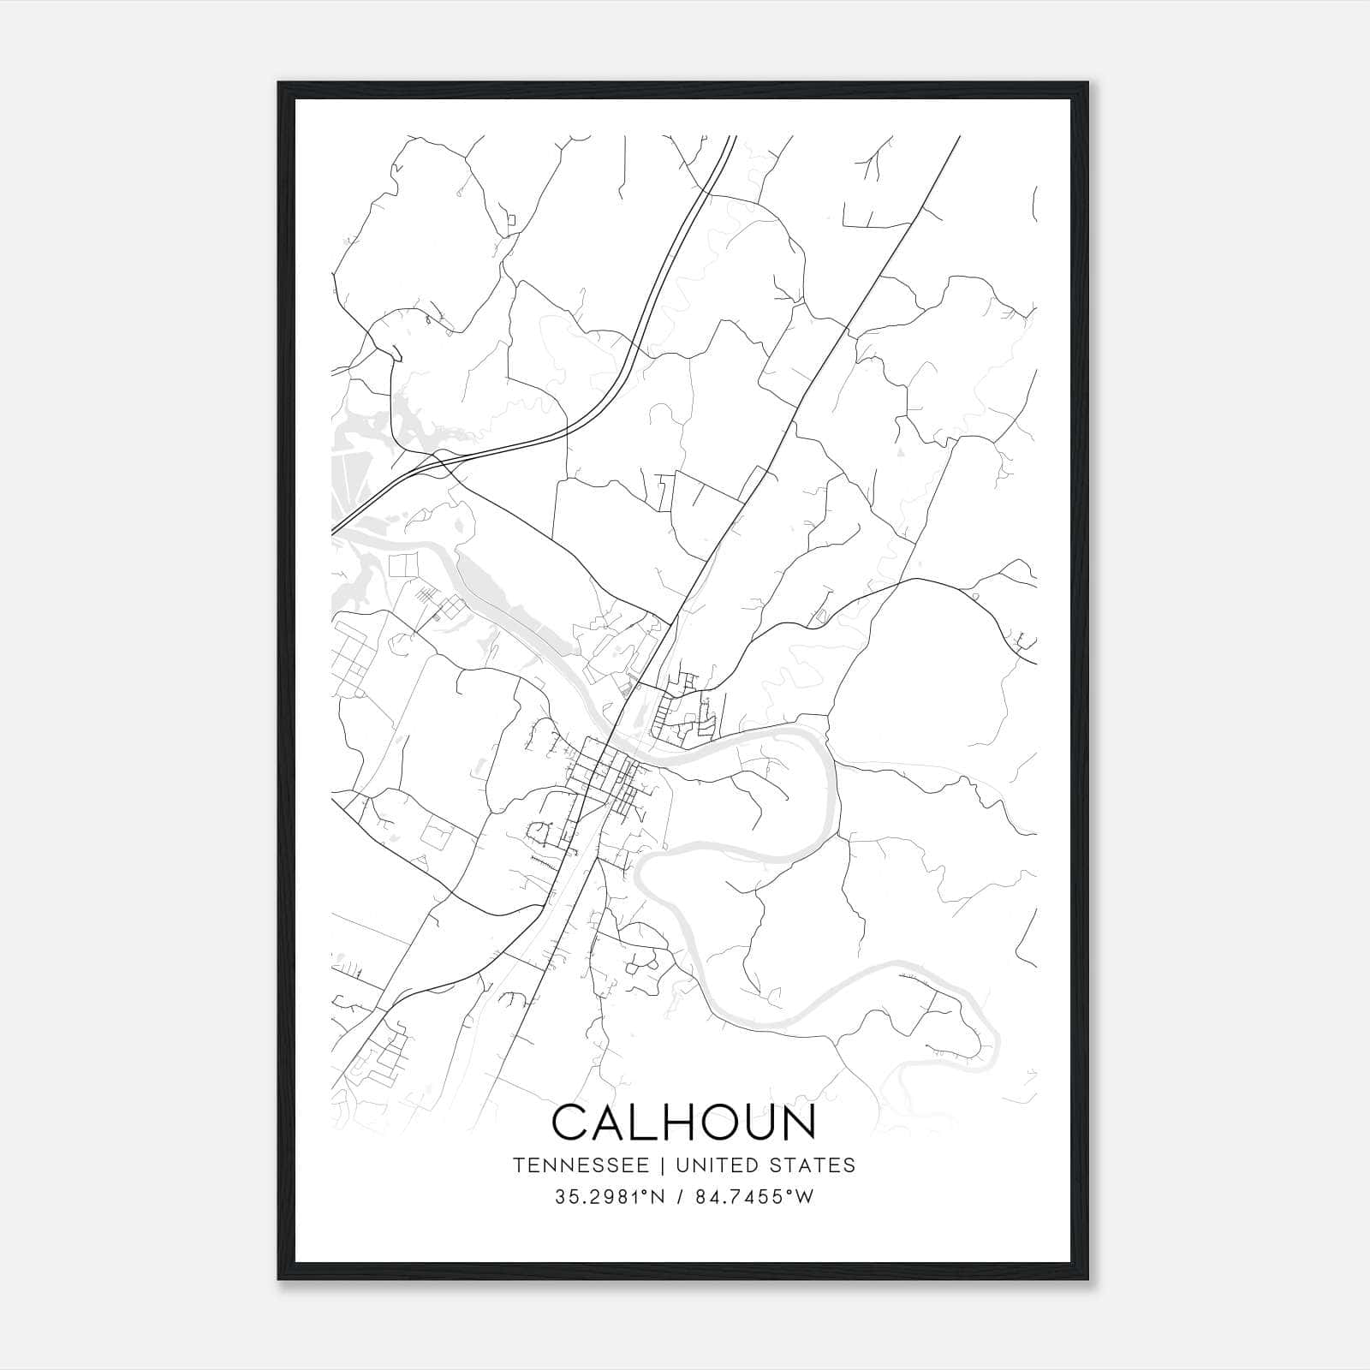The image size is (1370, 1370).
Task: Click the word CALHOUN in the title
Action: click(684, 1123)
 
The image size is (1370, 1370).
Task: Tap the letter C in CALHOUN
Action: click(572, 1123)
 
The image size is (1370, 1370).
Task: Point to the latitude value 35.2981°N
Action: click(610, 1197)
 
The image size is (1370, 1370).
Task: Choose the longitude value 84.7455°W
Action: click(754, 1197)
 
